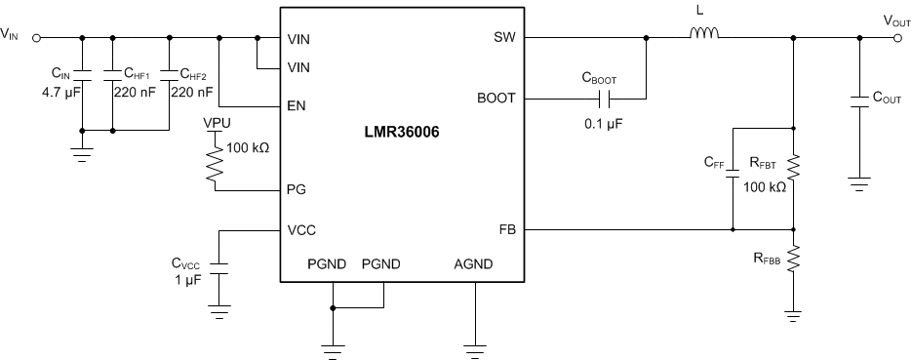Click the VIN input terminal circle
click(36, 39)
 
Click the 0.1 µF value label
click(604, 124)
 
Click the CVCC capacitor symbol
click(221, 269)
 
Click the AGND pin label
click(474, 264)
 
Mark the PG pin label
click(297, 189)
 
